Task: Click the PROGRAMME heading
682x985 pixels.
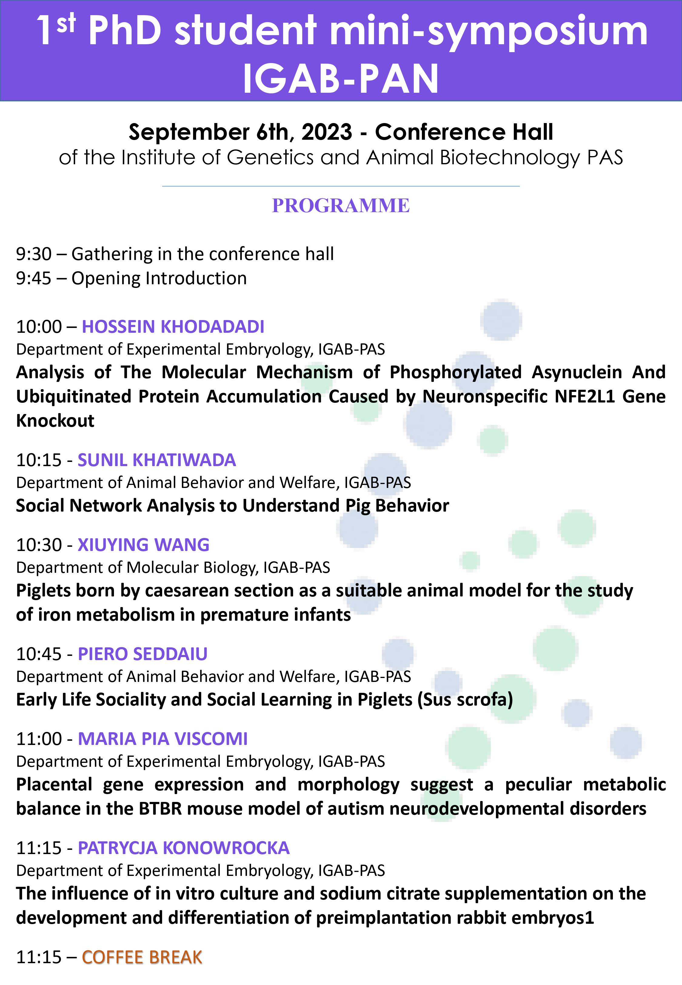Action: click(341, 205)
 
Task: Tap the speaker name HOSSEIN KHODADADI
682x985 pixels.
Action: click(173, 327)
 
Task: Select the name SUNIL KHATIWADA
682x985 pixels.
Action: click(156, 460)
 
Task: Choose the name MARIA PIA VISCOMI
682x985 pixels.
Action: click(162, 739)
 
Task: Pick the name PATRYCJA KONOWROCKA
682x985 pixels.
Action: click(183, 848)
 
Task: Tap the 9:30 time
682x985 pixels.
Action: click(34, 254)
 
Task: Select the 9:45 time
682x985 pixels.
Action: click(34, 279)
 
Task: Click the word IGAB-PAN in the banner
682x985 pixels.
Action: click(341, 78)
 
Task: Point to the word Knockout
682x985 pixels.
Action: click(55, 421)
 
